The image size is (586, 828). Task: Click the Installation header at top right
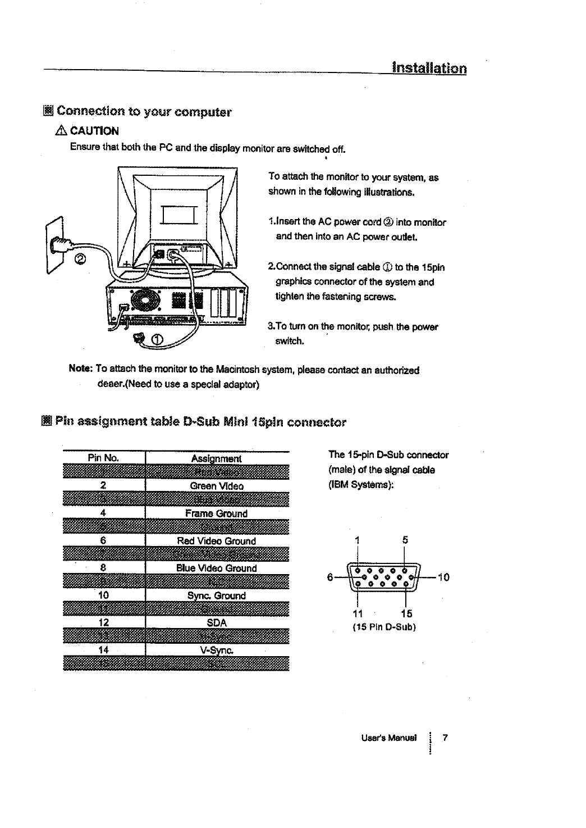point(429,69)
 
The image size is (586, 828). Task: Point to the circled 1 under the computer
point(157,338)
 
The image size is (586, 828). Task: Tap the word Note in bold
point(80,370)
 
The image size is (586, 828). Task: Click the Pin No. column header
point(103,458)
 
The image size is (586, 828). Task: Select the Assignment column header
point(217,458)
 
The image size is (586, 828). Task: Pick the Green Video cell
point(217,486)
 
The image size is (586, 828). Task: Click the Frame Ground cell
point(217,513)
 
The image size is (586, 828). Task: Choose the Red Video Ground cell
point(217,541)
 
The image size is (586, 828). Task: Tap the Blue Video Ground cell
point(217,568)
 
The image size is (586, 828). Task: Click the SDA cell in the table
point(217,623)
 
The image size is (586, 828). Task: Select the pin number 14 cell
point(103,650)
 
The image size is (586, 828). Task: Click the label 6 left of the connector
point(330,577)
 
